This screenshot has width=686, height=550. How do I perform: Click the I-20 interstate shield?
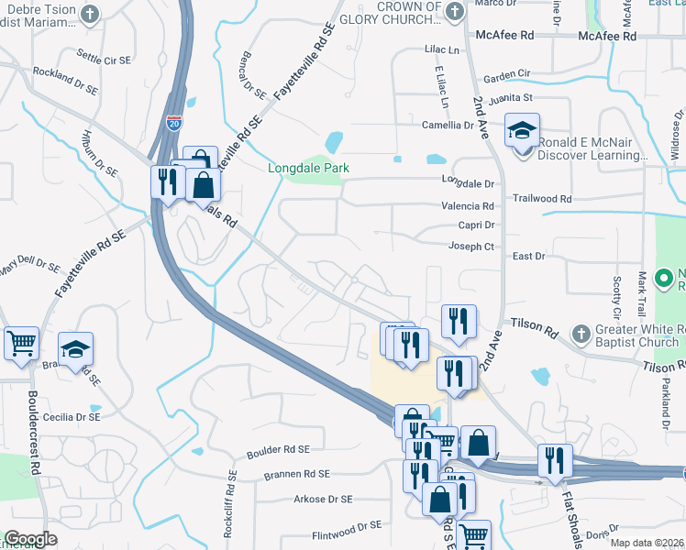tap(174, 121)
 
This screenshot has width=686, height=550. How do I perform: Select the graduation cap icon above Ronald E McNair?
tap(522, 131)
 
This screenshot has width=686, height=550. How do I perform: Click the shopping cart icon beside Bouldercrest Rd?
tap(21, 344)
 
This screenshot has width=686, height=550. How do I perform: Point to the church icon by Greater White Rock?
tap(579, 331)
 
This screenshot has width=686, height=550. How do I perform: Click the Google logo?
tap(30, 539)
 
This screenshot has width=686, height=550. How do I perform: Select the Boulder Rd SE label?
tap(279, 450)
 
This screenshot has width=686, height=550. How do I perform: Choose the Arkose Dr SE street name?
tap(323, 499)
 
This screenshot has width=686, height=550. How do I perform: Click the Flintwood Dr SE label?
tap(347, 526)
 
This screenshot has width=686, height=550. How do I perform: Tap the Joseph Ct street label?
tap(470, 246)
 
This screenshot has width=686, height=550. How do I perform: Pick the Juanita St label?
tap(510, 97)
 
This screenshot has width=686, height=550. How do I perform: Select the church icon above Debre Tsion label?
tap(89, 13)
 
